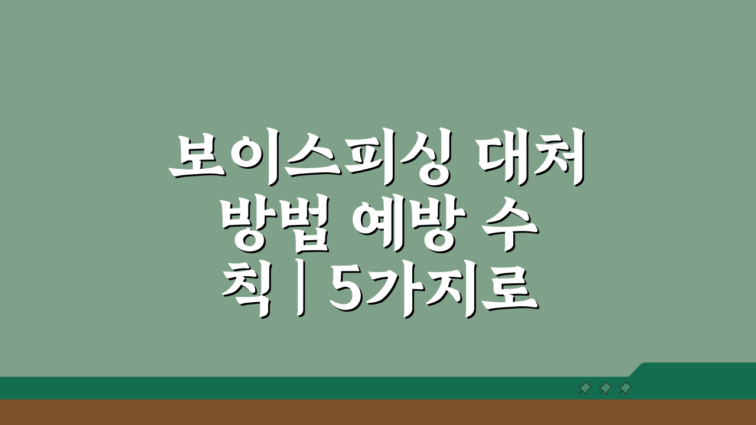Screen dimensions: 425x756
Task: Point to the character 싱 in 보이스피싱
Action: pyautogui.click(x=423, y=156)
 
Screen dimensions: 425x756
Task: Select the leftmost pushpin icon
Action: pyautogui.click(x=585, y=388)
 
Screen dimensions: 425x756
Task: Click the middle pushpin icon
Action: pyautogui.click(x=605, y=388)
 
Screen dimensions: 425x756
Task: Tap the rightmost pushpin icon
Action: pyautogui.click(x=625, y=388)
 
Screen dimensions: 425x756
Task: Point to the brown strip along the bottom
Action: pyautogui.click(x=378, y=413)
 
